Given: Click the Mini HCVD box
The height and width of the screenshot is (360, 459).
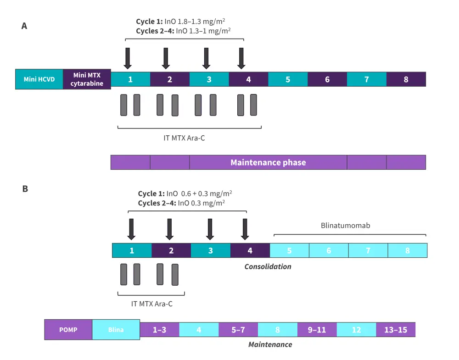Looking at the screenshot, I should pos(39,79).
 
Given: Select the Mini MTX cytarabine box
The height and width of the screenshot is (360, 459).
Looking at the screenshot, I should pos(87,79).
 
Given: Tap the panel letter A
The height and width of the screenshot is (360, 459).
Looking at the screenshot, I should pos(24,26).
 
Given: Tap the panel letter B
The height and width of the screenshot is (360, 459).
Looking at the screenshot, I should pos(25,188).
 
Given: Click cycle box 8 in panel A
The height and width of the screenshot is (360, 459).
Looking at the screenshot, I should pos(406,79).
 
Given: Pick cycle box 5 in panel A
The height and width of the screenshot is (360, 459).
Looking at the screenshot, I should pos(288,79).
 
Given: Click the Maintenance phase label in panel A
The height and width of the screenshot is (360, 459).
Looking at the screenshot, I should pos(268,162).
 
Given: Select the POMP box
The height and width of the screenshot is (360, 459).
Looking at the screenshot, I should pos(68,330).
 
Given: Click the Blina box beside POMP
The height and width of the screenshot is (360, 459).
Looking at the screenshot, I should pos(116,330).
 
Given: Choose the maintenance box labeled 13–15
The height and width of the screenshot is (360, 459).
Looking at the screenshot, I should pos(396,330).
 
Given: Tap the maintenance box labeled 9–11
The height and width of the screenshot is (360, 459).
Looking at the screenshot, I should pos(317,330).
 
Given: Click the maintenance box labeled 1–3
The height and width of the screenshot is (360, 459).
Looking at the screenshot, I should pos(159,330).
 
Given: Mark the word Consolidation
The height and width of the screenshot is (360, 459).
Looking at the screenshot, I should pos(268,266).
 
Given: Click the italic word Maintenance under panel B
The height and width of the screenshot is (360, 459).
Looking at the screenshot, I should pos(270,344).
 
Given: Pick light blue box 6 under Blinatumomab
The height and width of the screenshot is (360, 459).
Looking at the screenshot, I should pos(329,251).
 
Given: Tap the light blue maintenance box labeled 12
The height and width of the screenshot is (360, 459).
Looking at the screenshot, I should pos(356,330).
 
